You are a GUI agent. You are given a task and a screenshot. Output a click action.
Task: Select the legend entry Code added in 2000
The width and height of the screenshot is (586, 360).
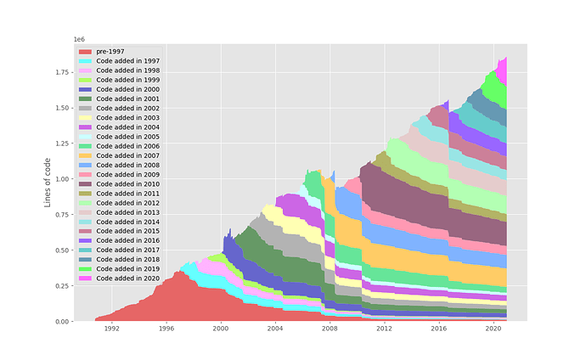pyautogui.click(x=127, y=89)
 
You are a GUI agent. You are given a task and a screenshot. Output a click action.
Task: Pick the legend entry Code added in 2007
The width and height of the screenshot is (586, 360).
pyautogui.click(x=127, y=155)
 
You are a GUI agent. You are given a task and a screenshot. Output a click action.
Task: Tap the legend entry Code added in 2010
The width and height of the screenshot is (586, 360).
pyautogui.click(x=127, y=183)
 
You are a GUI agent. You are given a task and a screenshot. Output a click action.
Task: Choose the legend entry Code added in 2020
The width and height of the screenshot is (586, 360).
pyautogui.click(x=127, y=278)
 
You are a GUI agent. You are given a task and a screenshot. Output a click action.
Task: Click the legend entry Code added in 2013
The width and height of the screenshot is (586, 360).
pyautogui.click(x=127, y=211)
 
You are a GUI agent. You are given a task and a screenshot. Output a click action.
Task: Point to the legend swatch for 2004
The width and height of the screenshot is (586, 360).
pyautogui.click(x=86, y=127)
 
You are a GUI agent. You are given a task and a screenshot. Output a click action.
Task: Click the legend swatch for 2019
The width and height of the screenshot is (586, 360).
pyautogui.click(x=86, y=268)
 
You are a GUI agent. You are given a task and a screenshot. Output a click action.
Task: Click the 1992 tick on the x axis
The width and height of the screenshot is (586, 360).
pyautogui.click(x=111, y=329)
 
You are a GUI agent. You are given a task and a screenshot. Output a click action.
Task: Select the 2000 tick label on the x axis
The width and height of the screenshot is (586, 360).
pyautogui.click(x=220, y=329)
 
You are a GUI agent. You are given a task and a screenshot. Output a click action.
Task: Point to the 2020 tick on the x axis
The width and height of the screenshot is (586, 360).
pyautogui.click(x=493, y=329)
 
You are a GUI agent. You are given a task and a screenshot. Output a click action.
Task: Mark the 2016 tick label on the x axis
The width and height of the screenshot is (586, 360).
pyautogui.click(x=438, y=329)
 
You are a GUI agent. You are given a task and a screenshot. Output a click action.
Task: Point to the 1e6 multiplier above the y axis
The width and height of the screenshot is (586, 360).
pyautogui.click(x=78, y=39)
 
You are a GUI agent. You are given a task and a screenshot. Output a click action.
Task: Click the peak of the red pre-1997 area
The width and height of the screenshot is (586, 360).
pyautogui.click(x=181, y=272)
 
